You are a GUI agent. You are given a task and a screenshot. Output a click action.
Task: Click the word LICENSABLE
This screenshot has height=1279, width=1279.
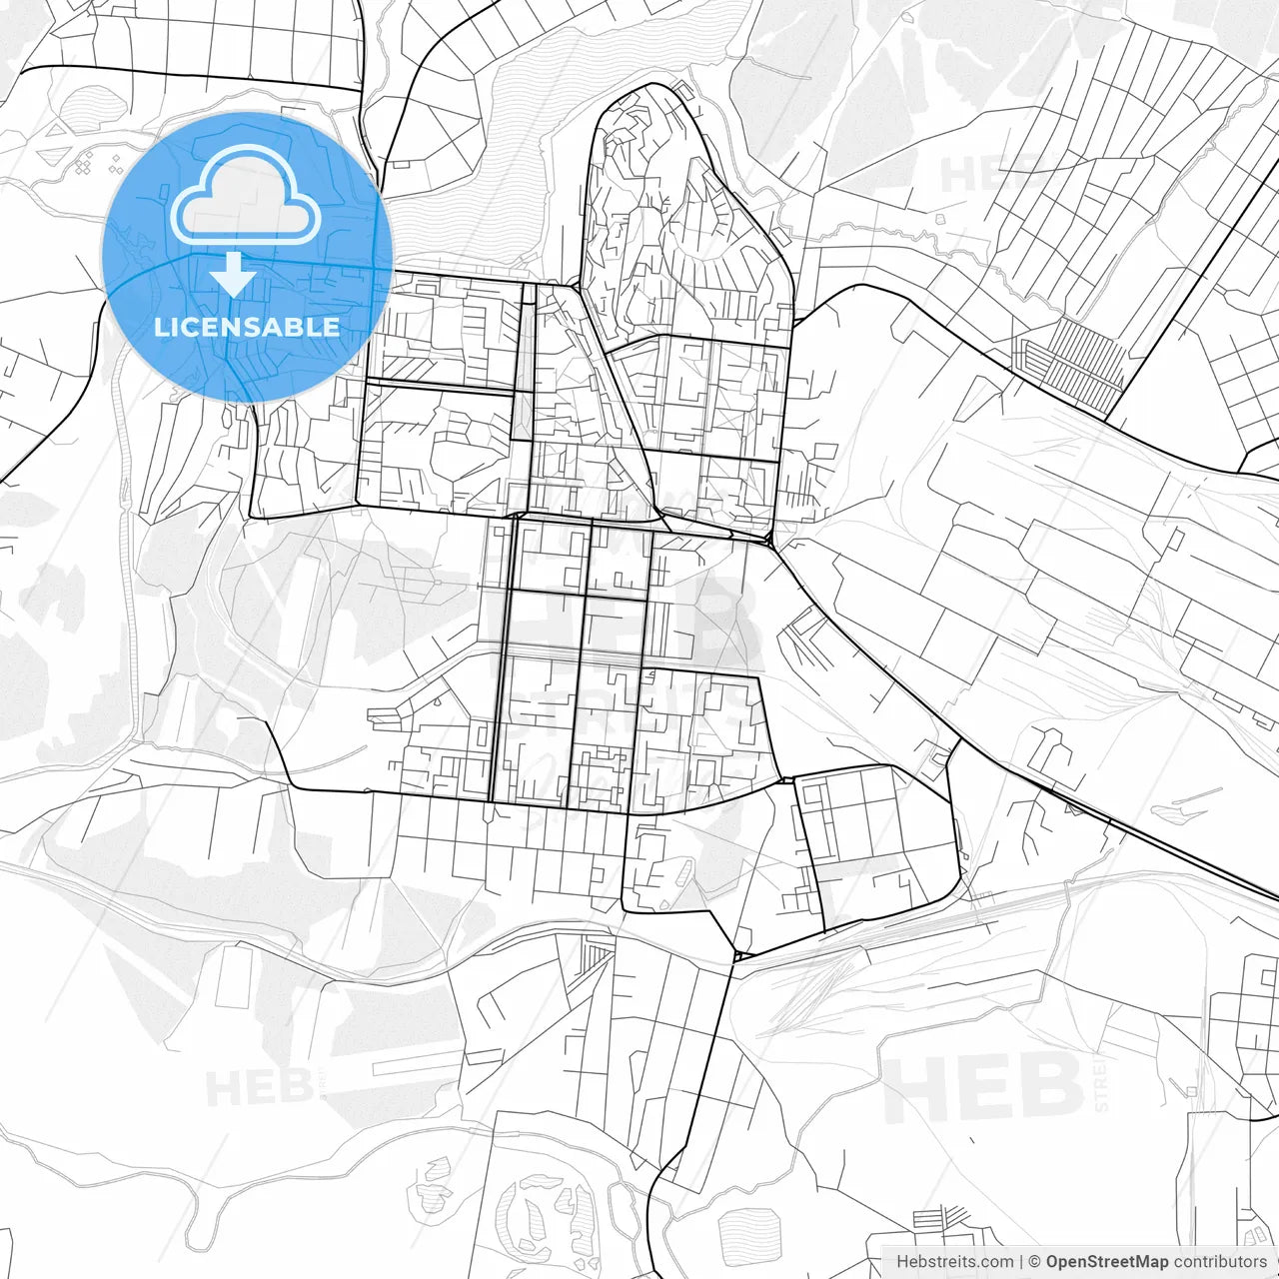click(x=247, y=327)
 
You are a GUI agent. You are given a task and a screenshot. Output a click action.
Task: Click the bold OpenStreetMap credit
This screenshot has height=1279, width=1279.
click(x=1107, y=1262)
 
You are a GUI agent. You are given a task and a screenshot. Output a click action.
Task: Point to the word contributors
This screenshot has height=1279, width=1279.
click(x=1220, y=1262)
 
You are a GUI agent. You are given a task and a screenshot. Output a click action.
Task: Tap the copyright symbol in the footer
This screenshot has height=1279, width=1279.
click(x=1035, y=1262)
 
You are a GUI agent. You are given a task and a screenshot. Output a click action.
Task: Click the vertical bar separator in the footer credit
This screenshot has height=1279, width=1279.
click(x=1021, y=1262)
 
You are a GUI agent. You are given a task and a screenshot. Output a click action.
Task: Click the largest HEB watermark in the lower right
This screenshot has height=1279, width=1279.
click(x=983, y=1088)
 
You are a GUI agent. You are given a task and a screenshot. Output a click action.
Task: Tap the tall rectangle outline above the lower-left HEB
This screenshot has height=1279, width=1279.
click(x=232, y=976)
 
